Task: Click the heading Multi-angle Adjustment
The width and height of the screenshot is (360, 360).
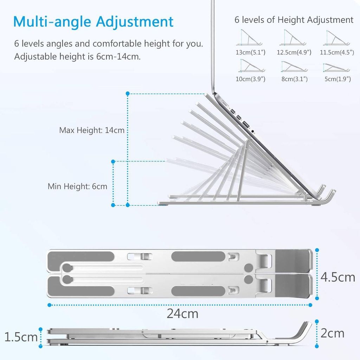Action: (x=93, y=22)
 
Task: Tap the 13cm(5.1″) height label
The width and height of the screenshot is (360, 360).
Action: (x=250, y=52)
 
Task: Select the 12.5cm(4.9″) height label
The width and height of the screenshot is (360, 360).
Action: (x=294, y=52)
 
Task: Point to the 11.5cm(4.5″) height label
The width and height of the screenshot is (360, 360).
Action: (x=337, y=52)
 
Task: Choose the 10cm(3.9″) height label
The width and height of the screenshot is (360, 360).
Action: (x=250, y=79)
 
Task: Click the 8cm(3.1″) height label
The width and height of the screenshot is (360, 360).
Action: (x=295, y=79)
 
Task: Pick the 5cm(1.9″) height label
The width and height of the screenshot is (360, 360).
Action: (x=337, y=79)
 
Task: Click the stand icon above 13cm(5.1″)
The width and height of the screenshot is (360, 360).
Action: (x=249, y=37)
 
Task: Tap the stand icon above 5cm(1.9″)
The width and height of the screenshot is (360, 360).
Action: (x=336, y=67)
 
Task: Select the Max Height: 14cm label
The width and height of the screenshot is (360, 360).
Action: (x=92, y=130)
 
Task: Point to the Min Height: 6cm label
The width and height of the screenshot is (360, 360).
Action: (x=77, y=186)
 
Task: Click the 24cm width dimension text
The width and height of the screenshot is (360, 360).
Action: (x=182, y=314)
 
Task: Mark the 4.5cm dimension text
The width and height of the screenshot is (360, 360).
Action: (x=338, y=277)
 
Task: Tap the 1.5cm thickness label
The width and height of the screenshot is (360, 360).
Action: (x=21, y=337)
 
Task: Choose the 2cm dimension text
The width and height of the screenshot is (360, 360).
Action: (x=333, y=333)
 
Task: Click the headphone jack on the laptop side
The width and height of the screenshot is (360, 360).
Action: (x=253, y=131)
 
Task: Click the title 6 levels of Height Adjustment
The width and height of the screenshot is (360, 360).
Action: (x=294, y=20)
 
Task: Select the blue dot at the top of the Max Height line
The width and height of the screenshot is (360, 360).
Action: (x=128, y=94)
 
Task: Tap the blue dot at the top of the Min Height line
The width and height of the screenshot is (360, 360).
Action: (x=113, y=162)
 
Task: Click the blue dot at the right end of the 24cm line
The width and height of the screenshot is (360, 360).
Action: (x=310, y=305)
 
